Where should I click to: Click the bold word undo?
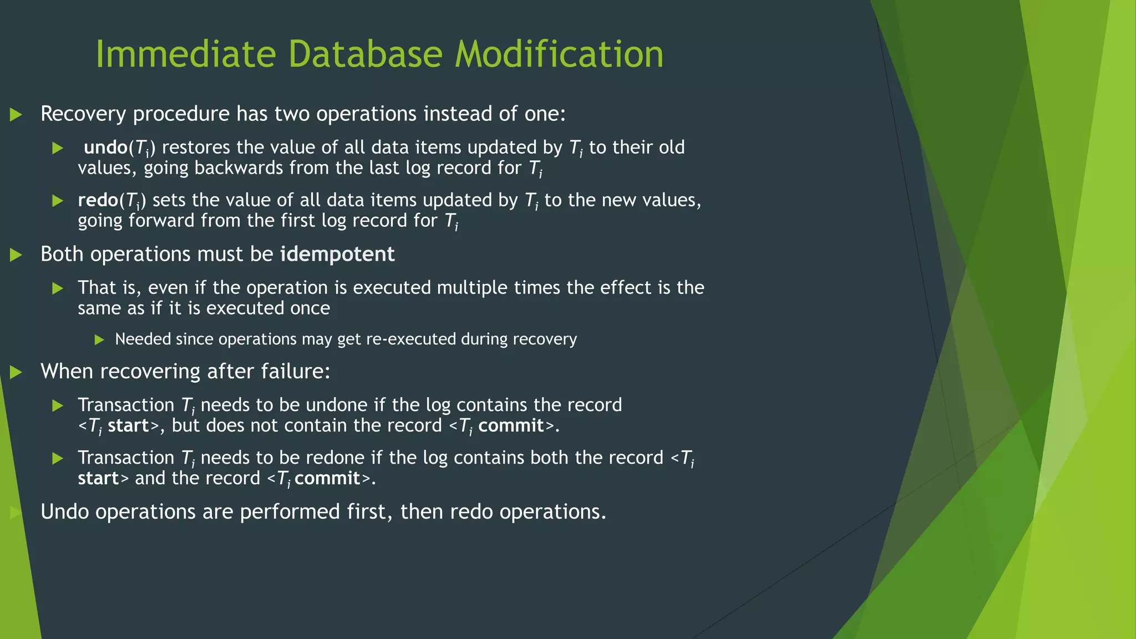pos(105,148)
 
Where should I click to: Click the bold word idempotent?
pos(337,255)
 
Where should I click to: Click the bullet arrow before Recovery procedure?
pos(16,115)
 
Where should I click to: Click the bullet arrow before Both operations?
pos(16,255)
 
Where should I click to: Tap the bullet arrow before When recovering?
pos(16,372)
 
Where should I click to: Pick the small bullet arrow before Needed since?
pos(99,339)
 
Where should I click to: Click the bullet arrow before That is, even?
pos(58,288)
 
